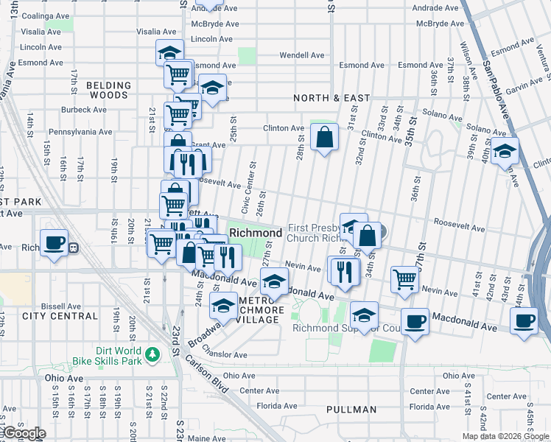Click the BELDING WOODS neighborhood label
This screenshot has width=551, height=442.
[108, 91]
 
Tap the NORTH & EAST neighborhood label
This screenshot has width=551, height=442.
[331, 98]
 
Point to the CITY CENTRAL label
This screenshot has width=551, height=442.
[60, 316]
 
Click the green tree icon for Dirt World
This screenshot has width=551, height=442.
[153, 355]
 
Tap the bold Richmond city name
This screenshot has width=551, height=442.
[256, 233]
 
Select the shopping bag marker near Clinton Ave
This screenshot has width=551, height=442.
[324, 136]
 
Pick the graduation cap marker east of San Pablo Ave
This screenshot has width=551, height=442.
[505, 151]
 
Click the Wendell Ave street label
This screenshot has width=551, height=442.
[302, 55]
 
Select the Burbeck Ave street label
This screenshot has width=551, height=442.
[85, 110]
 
